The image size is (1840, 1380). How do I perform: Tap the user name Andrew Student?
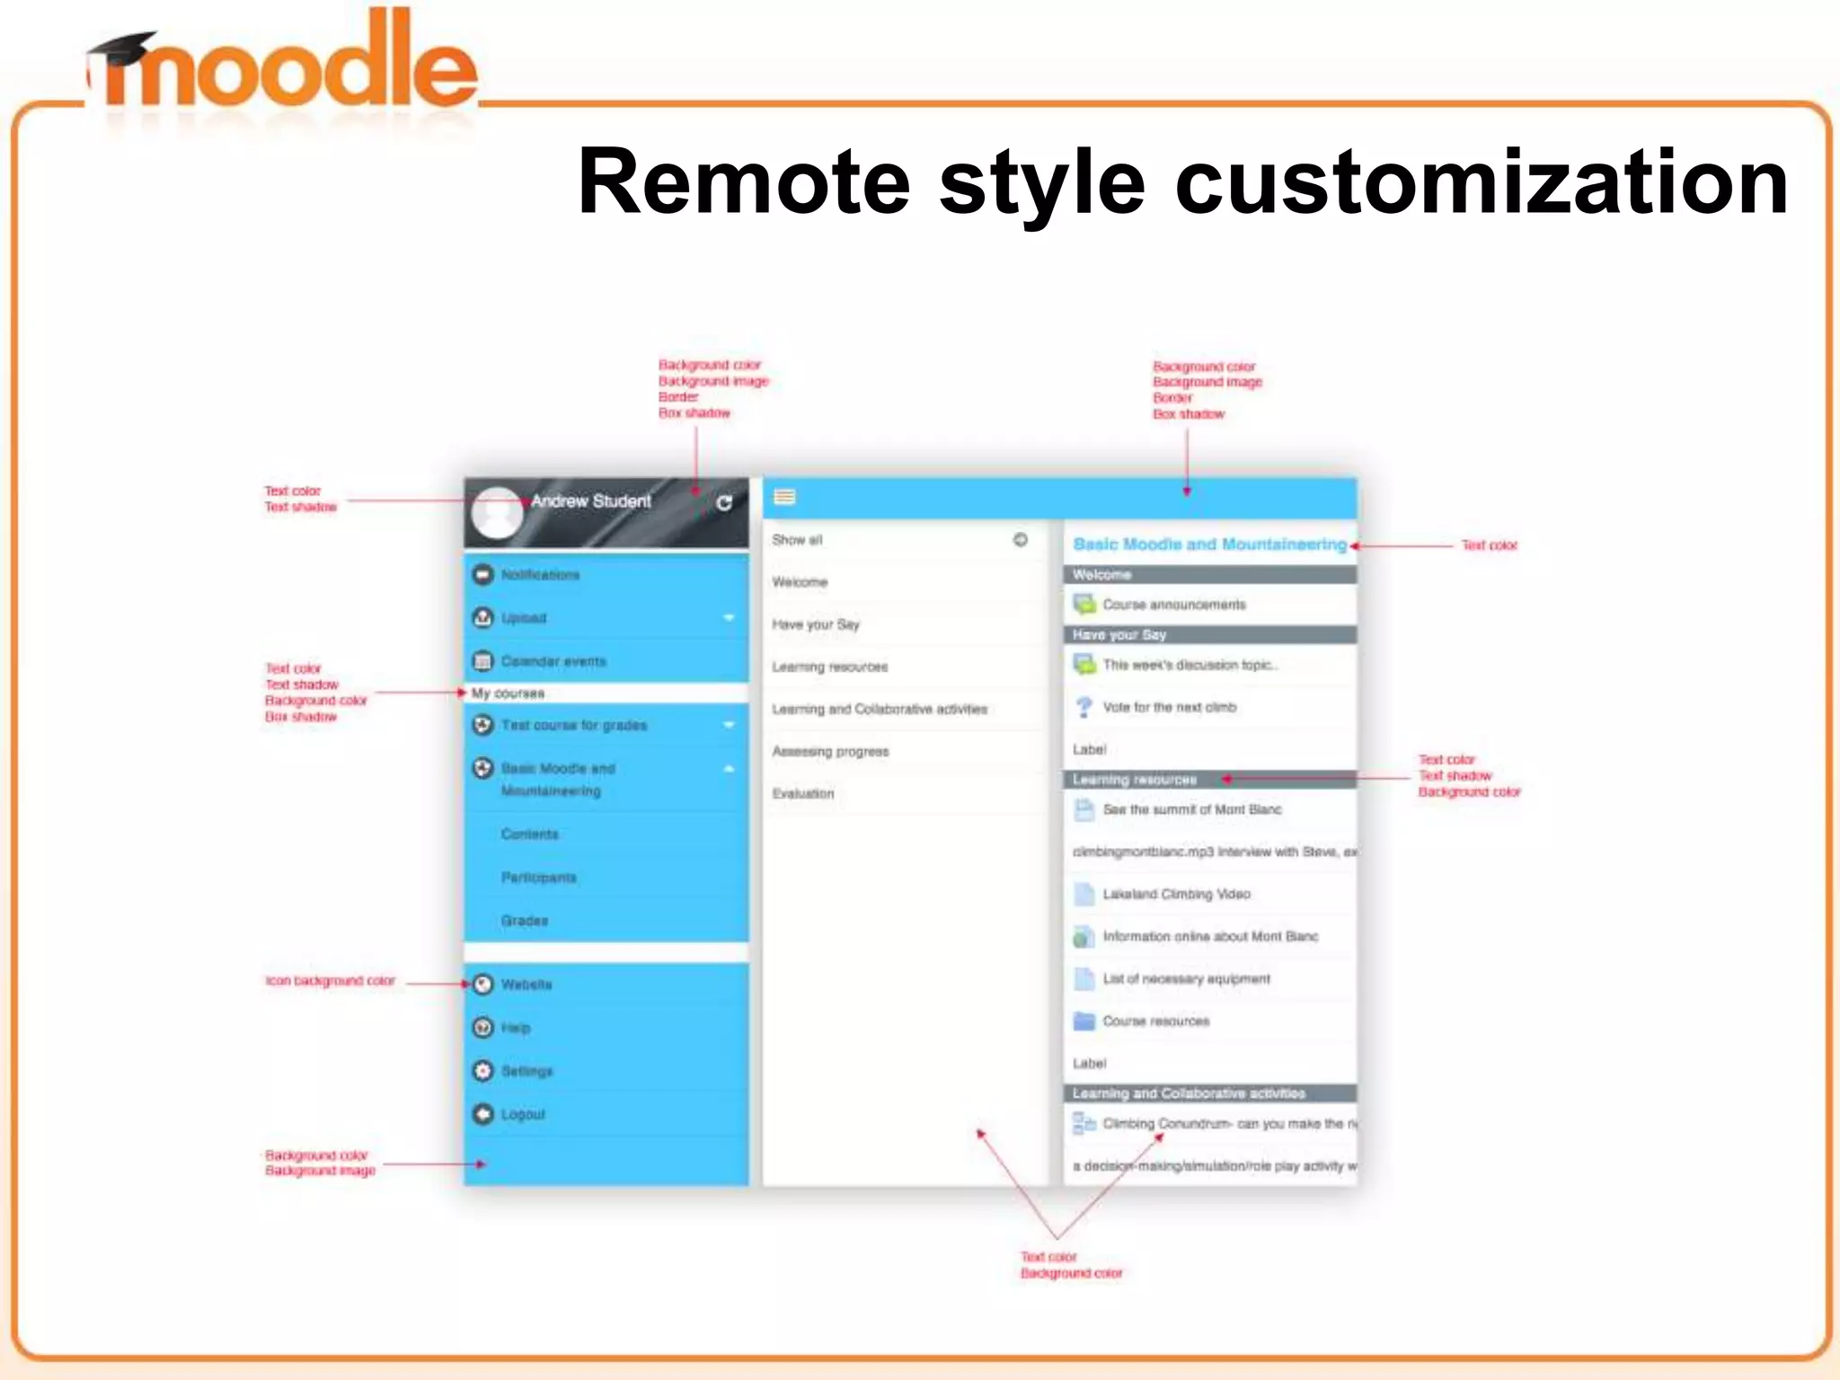click(x=590, y=501)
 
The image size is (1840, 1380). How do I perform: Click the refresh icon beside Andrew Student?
click(x=724, y=503)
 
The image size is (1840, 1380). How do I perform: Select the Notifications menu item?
click(x=540, y=575)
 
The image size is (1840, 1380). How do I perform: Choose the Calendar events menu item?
click(x=553, y=661)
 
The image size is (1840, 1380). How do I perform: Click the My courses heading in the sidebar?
click(x=508, y=694)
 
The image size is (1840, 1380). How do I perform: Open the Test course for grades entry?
click(x=574, y=725)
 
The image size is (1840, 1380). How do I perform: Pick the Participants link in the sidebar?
click(x=538, y=877)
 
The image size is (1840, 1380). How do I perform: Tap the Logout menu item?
click(x=523, y=1114)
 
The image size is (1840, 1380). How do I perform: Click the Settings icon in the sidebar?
click(x=483, y=1071)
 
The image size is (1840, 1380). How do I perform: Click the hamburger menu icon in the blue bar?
click(x=784, y=497)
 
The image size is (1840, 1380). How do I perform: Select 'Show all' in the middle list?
click(x=797, y=540)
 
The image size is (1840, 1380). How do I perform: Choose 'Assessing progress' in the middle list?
click(x=830, y=751)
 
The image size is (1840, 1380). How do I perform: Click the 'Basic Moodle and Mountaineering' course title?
click(x=1209, y=544)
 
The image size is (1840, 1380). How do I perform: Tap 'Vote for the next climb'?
click(x=1169, y=707)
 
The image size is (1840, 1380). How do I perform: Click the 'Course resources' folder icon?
click(x=1084, y=1022)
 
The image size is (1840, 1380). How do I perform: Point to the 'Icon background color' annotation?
click(x=330, y=981)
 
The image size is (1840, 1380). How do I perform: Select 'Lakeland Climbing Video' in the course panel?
click(x=1176, y=894)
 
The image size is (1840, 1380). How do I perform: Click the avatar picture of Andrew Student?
click(x=497, y=512)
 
